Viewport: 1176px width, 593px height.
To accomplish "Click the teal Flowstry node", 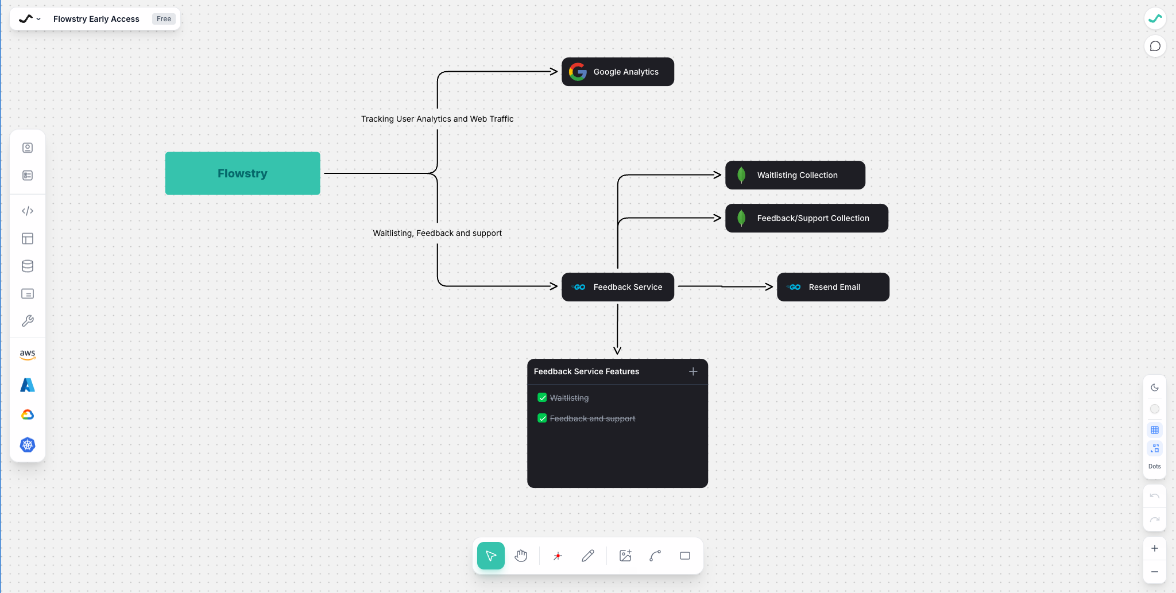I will click(242, 173).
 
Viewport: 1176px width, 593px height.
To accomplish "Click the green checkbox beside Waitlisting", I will click(542, 397).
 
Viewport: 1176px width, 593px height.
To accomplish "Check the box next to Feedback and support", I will click(542, 418).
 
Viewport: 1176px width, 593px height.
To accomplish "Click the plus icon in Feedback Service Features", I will click(693, 371).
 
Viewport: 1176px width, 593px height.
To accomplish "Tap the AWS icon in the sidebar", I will click(28, 354).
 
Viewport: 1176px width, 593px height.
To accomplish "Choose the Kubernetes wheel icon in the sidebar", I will click(28, 445).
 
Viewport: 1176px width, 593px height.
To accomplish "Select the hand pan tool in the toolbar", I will click(521, 556).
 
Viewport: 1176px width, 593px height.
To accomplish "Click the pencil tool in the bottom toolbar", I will click(587, 556).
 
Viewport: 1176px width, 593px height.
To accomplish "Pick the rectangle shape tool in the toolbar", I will click(684, 556).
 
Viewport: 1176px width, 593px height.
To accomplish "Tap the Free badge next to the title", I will click(164, 19).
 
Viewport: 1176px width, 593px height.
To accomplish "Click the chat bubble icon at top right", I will click(1155, 46).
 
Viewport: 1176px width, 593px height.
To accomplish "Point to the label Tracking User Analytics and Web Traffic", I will click(437, 119).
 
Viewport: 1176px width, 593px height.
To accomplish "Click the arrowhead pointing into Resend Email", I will click(769, 286).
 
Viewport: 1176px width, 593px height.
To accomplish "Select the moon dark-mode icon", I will click(1155, 387).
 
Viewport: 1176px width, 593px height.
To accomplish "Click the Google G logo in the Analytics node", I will click(578, 72).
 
